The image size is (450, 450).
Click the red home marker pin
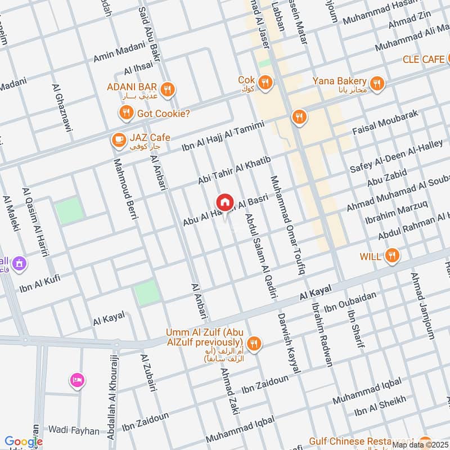click(x=224, y=202)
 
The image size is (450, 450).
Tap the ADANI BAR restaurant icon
click(x=166, y=89)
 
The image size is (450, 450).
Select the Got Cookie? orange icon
click(x=126, y=114)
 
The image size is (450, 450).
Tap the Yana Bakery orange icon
click(x=377, y=83)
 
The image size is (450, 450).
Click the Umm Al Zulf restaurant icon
click(x=254, y=343)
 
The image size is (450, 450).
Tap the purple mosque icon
click(x=20, y=263)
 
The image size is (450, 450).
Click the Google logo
click(x=24, y=442)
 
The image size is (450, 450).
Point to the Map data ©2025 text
click(x=420, y=445)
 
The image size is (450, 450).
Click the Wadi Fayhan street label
click(x=73, y=431)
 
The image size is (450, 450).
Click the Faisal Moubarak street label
click(x=385, y=122)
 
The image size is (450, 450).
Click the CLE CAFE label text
click(x=423, y=59)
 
